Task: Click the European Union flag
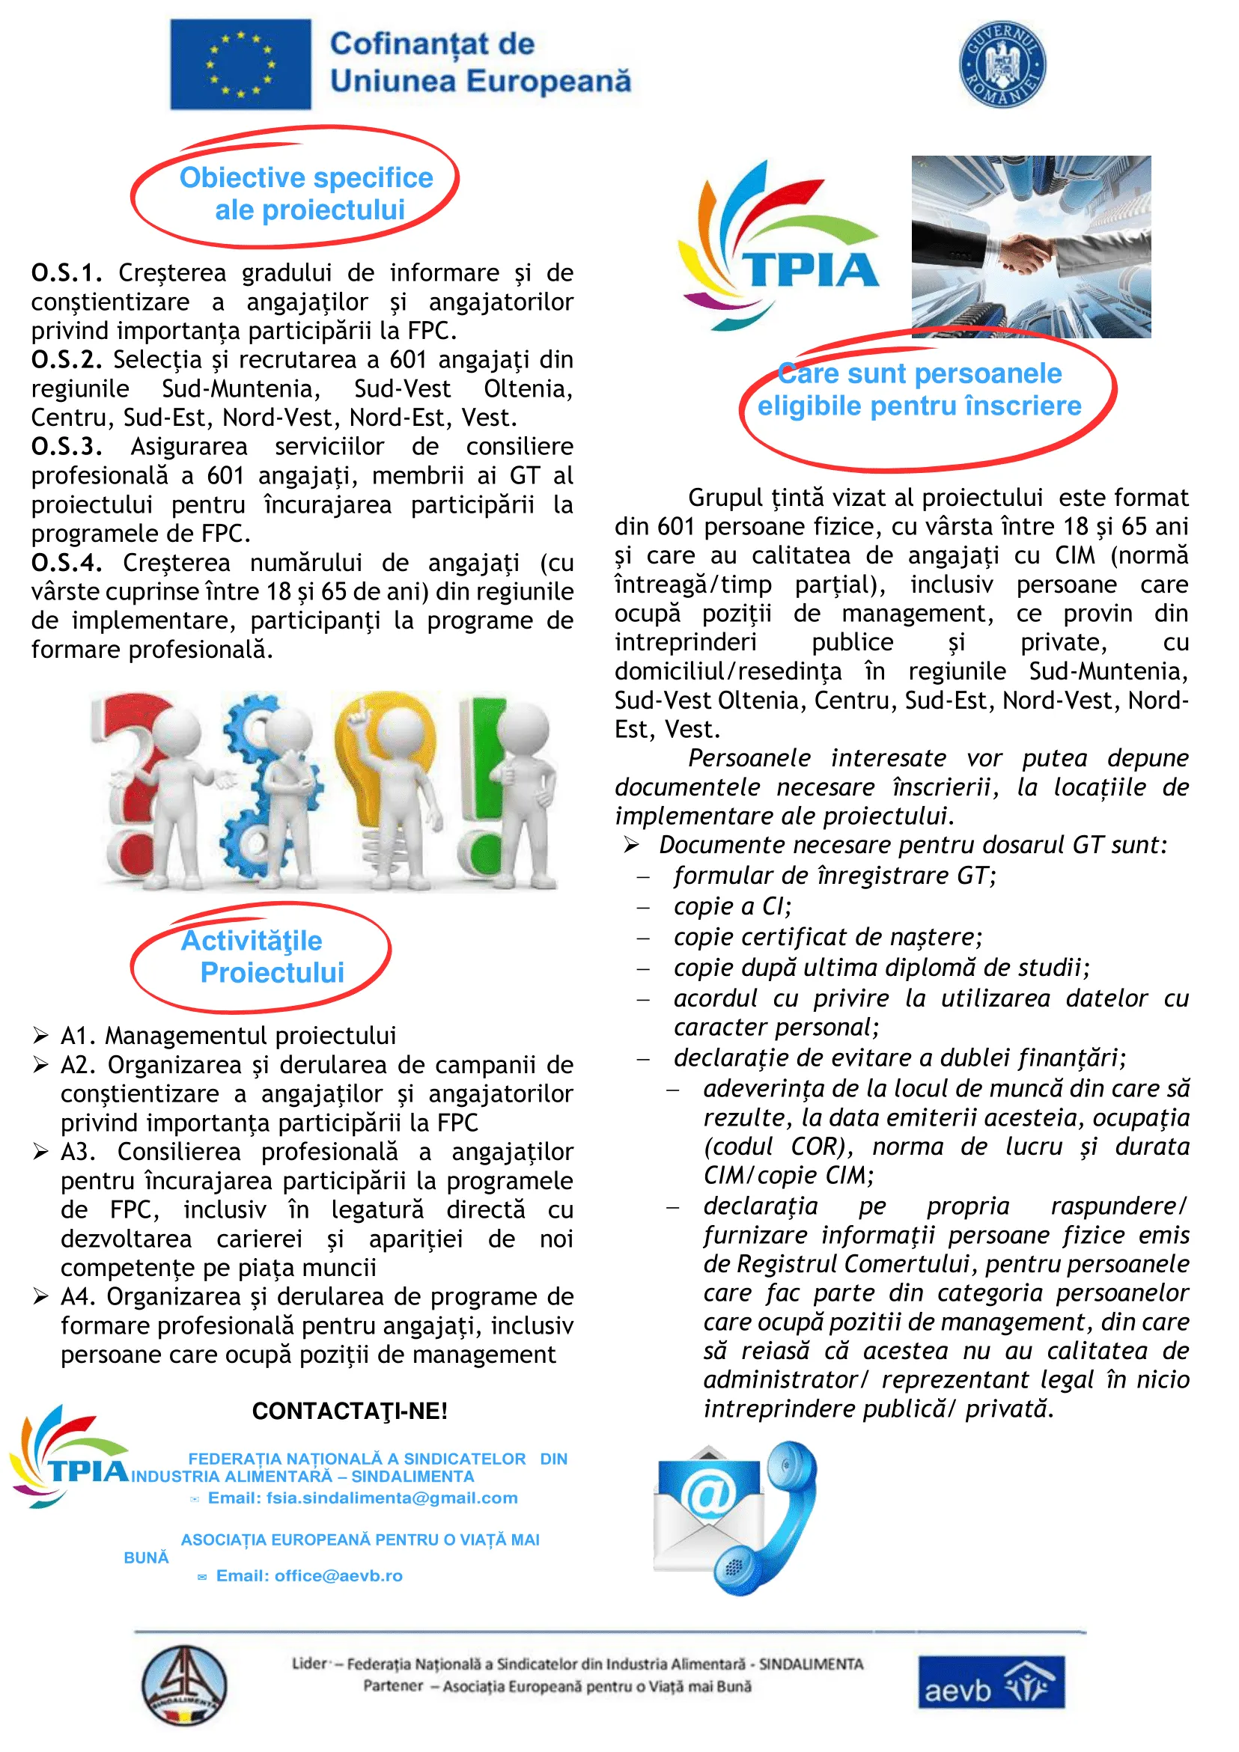click(x=240, y=64)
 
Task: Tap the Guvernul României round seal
click(x=1002, y=64)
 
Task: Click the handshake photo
click(x=1031, y=246)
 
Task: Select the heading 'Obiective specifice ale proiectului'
click(x=307, y=193)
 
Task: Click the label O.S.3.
click(x=67, y=446)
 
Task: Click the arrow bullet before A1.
click(x=40, y=1036)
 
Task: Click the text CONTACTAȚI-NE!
click(x=350, y=1411)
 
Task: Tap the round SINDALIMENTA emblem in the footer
click(x=184, y=1685)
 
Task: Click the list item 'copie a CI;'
click(x=732, y=906)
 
